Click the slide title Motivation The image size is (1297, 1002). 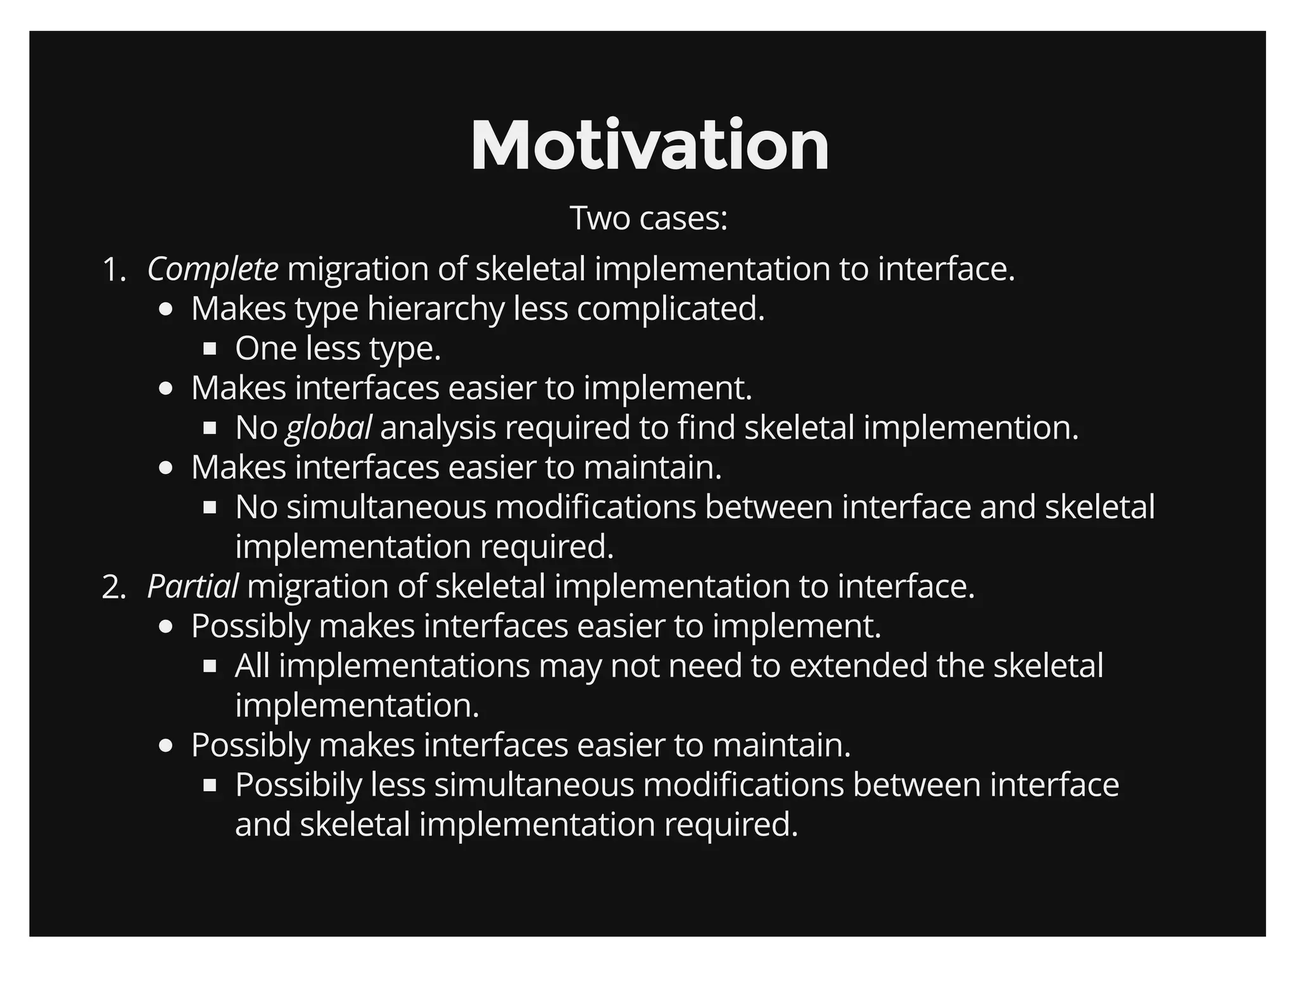649,146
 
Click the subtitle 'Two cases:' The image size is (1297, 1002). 648,218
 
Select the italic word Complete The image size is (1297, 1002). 212,269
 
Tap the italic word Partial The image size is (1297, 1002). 193,587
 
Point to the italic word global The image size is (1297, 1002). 328,428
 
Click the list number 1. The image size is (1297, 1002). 113,270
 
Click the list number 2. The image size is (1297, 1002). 113,587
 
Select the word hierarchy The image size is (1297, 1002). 435,309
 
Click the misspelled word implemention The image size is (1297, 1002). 971,428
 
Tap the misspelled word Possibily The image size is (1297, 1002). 298,785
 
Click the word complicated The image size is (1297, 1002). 671,309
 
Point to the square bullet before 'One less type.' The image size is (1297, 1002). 210,348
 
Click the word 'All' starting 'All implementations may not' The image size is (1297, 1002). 251,666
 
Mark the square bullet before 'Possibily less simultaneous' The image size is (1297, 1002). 210,785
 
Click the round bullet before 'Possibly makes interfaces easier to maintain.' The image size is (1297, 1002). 166,745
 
